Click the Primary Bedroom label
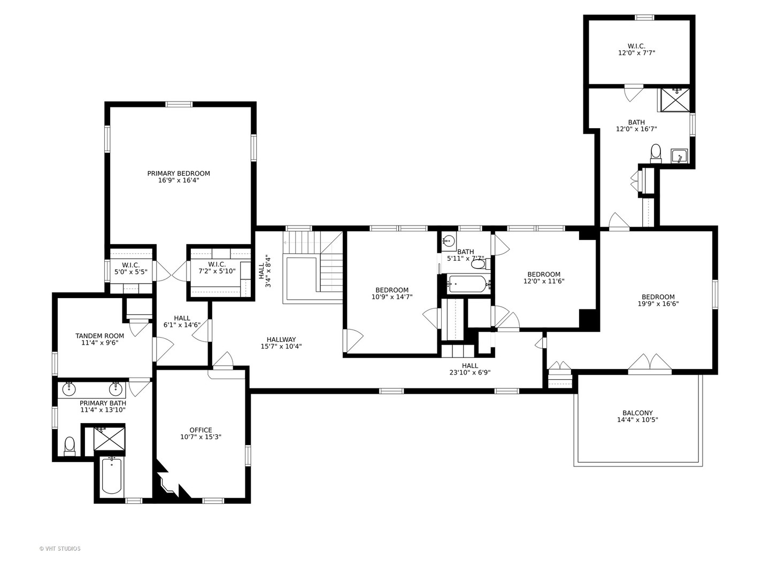pyautogui.click(x=178, y=174)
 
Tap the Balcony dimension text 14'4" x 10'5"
pyautogui.click(x=637, y=420)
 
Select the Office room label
pyautogui.click(x=201, y=430)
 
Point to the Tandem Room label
pyautogui.click(x=99, y=336)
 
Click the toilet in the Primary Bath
pyautogui.click(x=70, y=446)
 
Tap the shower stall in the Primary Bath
pyautogui.click(x=109, y=438)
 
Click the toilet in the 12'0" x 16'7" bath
pyautogui.click(x=655, y=154)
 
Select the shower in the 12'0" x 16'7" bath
pyautogui.click(x=675, y=100)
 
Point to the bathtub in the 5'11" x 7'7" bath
pyautogui.click(x=468, y=284)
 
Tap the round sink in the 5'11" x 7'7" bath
pyautogui.click(x=449, y=241)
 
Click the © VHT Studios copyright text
pyautogui.click(x=60, y=549)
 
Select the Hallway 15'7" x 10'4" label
pyautogui.click(x=281, y=343)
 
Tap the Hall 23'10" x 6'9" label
pyautogui.click(x=469, y=369)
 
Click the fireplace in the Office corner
pyautogui.click(x=170, y=482)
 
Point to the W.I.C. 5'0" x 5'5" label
pyautogui.click(x=131, y=268)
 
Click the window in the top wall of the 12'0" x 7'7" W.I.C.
pyautogui.click(x=645, y=17)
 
